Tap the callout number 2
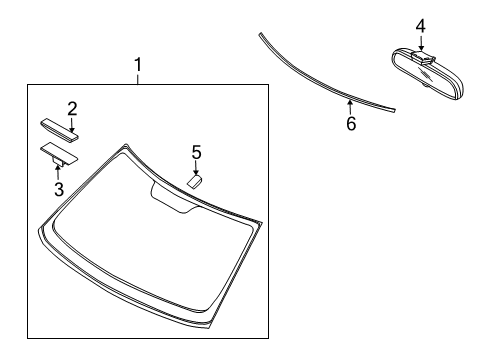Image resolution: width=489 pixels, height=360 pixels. [72, 107]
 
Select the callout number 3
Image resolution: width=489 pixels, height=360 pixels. [58, 186]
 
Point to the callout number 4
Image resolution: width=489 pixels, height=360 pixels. [421, 26]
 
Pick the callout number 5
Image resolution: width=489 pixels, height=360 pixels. [196, 152]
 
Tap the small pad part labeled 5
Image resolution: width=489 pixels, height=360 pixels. [194, 182]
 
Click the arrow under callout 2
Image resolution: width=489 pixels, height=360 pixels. [71, 121]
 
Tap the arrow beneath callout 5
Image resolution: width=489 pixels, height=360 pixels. [196, 169]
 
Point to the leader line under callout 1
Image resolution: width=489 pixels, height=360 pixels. [139, 79]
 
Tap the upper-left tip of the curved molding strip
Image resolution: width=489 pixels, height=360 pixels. [259, 35]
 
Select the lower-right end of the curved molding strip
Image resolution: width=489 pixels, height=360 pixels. [394, 108]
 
